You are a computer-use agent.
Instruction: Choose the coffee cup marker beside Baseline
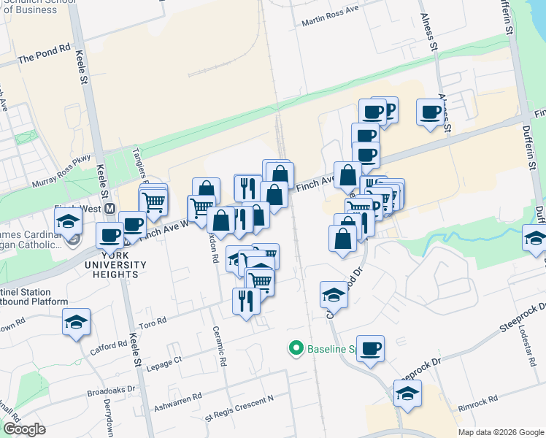371,348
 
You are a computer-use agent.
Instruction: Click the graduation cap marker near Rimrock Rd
407,394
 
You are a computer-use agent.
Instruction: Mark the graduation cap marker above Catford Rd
76,321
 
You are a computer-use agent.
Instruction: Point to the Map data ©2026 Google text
500,431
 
